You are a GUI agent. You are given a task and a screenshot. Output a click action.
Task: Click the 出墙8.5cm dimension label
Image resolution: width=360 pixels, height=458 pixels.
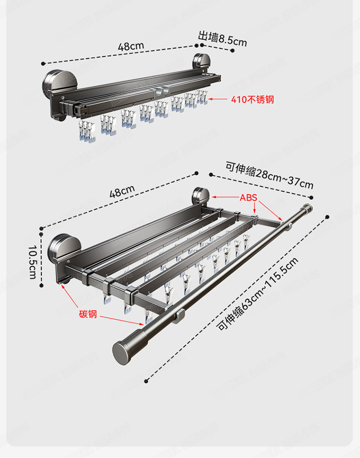coord(222,38)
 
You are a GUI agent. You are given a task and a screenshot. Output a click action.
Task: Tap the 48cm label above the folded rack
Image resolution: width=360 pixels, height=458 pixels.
coord(131,47)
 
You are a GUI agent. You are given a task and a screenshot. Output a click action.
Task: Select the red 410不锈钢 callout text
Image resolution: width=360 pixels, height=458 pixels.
coord(252,100)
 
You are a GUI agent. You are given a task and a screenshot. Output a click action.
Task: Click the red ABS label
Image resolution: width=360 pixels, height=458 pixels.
coord(249,197)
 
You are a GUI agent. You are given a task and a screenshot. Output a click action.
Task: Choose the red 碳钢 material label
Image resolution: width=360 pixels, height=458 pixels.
coord(88,314)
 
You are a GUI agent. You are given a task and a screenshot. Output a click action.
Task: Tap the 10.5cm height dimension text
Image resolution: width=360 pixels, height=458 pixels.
coord(33,262)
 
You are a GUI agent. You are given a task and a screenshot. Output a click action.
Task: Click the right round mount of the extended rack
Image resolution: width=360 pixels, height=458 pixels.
coord(200,197)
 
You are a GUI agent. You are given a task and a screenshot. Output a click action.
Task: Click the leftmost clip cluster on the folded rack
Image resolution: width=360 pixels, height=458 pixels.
coord(86,131)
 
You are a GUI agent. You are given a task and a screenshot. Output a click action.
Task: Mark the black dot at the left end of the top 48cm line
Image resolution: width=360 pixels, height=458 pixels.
coord(43,63)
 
